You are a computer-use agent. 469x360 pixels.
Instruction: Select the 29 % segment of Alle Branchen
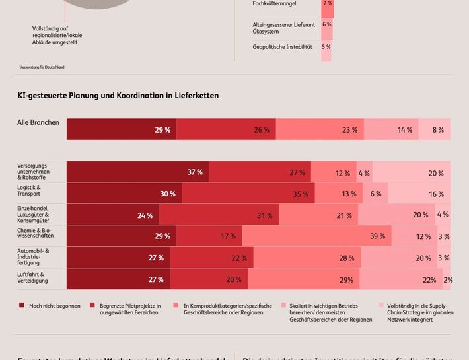point(122,129)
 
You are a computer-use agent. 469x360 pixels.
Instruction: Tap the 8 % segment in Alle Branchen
point(435,129)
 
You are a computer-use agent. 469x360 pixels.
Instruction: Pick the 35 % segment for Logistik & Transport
point(248,194)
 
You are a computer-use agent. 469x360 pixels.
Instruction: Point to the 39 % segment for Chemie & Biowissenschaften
point(317,236)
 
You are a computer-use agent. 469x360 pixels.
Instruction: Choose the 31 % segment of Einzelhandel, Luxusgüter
point(218,215)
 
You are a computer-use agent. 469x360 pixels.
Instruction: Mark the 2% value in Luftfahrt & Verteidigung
point(447,279)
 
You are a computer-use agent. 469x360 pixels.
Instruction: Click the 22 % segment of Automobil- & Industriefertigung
point(211,258)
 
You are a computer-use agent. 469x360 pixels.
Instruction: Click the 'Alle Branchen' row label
point(38,122)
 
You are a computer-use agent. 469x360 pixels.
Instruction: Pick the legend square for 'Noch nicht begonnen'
point(22,305)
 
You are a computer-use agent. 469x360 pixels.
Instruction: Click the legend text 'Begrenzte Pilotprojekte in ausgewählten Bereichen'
point(130,308)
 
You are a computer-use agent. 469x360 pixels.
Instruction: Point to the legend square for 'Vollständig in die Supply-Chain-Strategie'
point(381,305)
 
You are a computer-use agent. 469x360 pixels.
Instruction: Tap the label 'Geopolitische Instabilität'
point(282,47)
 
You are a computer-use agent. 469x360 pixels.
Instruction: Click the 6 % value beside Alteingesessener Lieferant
point(326,24)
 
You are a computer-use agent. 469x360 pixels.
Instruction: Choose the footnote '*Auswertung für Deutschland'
point(42,67)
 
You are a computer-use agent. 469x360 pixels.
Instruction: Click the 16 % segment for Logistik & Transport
point(419,194)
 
